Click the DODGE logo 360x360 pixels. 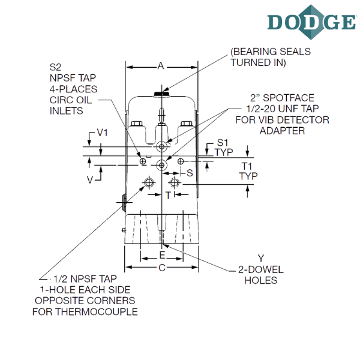pyautogui.click(x=312, y=22)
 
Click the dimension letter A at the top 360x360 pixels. pyautogui.click(x=161, y=66)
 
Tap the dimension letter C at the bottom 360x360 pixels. pyautogui.click(x=162, y=268)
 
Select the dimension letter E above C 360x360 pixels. pyautogui.click(x=162, y=255)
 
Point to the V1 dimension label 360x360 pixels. pyautogui.click(x=102, y=133)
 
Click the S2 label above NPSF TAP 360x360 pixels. pyautogui.click(x=55, y=67)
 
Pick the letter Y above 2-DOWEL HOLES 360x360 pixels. pyautogui.click(x=261, y=258)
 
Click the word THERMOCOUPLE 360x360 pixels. pyautogui.click(x=97, y=312)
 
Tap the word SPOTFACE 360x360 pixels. pyautogui.click(x=289, y=98)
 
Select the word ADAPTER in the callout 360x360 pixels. pyautogui.click(x=282, y=131)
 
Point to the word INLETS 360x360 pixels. pyautogui.click(x=67, y=111)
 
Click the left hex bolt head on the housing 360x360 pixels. pyautogui.click(x=137, y=124)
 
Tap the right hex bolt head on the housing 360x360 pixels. pyautogui.click(x=187, y=124)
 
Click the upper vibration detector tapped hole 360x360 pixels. pyautogui.click(x=161, y=147)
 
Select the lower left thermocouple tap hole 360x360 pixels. pyautogui.click(x=149, y=183)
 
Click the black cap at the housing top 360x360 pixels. pyautogui.click(x=161, y=94)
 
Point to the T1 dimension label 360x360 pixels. pyautogui.click(x=247, y=166)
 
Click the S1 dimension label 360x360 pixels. pyautogui.click(x=223, y=143)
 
